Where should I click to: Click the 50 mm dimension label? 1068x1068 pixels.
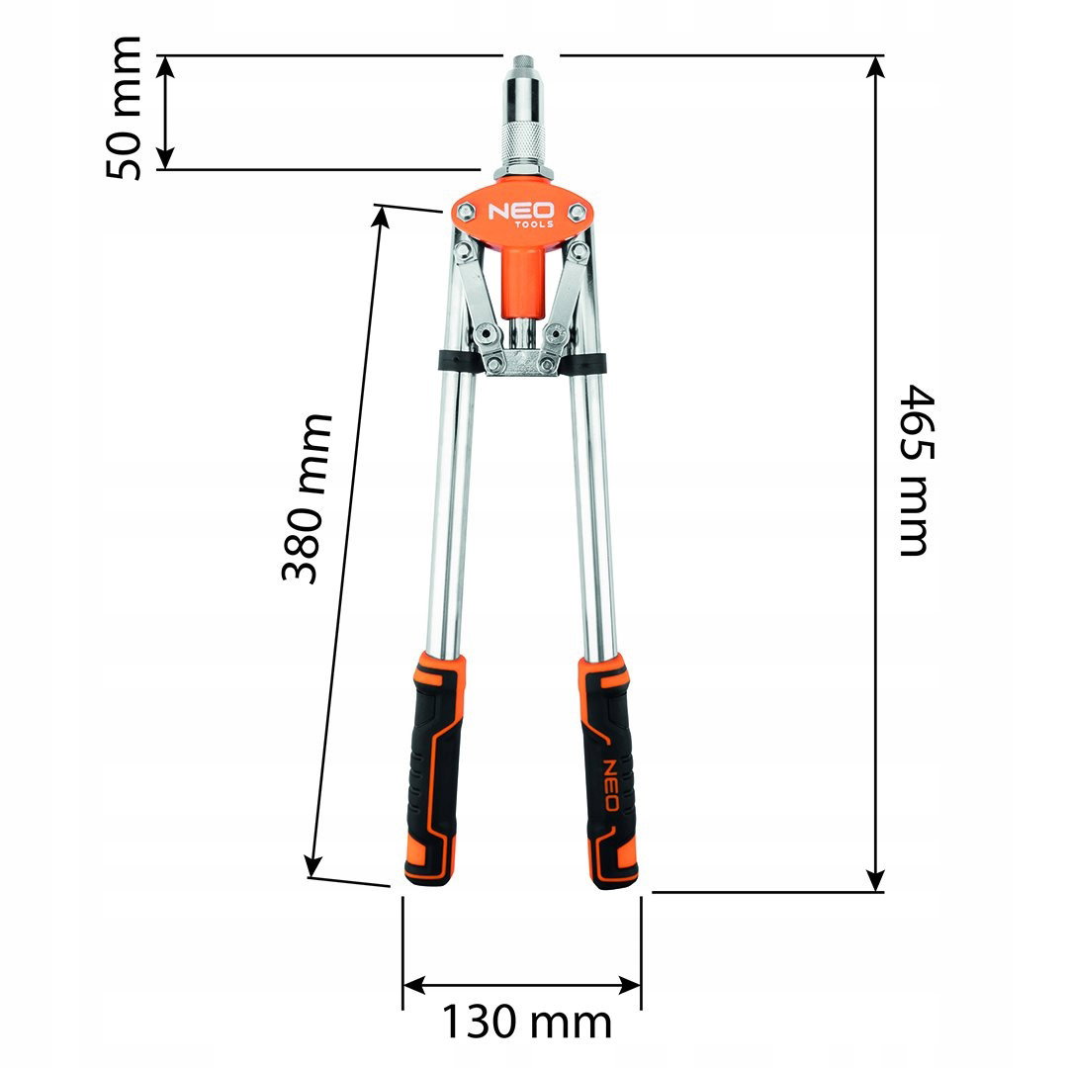point(124,109)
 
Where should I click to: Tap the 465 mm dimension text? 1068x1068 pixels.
point(914,470)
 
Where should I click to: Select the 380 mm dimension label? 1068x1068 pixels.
point(306,497)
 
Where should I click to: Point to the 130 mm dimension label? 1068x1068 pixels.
point(526,1021)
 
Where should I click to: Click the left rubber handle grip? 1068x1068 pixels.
point(433,769)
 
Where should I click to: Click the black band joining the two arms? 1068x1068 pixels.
point(522,361)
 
